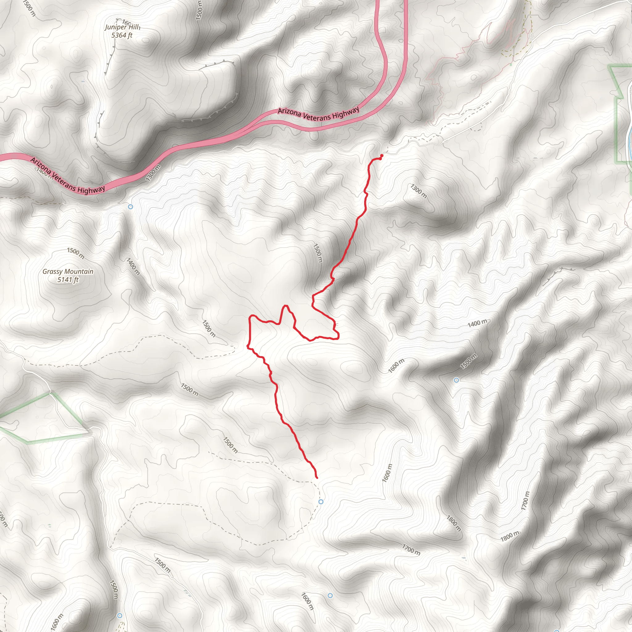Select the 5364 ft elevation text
click(x=122, y=35)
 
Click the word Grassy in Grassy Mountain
click(x=52, y=272)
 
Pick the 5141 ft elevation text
click(x=68, y=280)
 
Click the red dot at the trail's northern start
click(x=382, y=156)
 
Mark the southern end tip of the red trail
click(x=317, y=478)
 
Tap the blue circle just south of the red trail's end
click(x=321, y=502)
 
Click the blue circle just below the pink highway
click(x=131, y=207)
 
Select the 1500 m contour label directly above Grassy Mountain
click(x=76, y=253)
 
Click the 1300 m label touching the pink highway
click(x=153, y=173)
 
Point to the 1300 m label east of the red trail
click(x=419, y=191)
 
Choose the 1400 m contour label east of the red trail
click(x=477, y=323)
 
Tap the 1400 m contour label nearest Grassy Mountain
click(x=133, y=266)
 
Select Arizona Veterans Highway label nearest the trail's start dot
click(x=318, y=114)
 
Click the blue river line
click(x=630, y=131)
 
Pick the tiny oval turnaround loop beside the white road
click(x=530, y=35)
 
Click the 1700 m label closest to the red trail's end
click(x=411, y=550)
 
